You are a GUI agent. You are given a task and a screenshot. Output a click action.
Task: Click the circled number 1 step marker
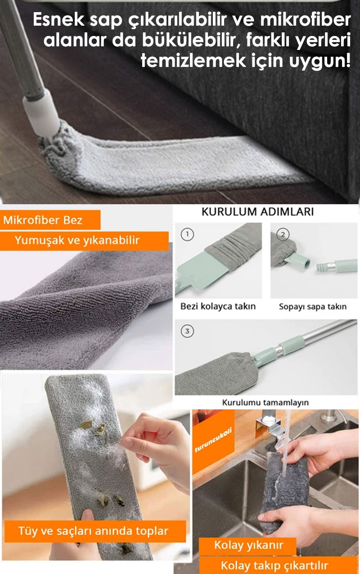tap(187, 234)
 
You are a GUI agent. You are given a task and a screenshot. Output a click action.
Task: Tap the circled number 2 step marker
tap(283, 234)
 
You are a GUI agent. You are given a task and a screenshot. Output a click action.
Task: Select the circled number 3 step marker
tap(187, 331)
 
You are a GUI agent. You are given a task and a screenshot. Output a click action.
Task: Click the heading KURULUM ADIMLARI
tap(257, 212)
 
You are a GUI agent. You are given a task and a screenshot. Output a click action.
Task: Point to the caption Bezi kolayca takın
tap(218, 306)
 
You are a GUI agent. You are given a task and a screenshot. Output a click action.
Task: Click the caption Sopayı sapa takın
tap(313, 306)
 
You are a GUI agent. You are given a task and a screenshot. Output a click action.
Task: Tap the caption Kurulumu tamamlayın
tap(265, 402)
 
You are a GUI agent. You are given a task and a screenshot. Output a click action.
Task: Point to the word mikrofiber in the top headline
tap(306, 20)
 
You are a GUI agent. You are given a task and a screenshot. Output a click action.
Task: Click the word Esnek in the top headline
tap(58, 20)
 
